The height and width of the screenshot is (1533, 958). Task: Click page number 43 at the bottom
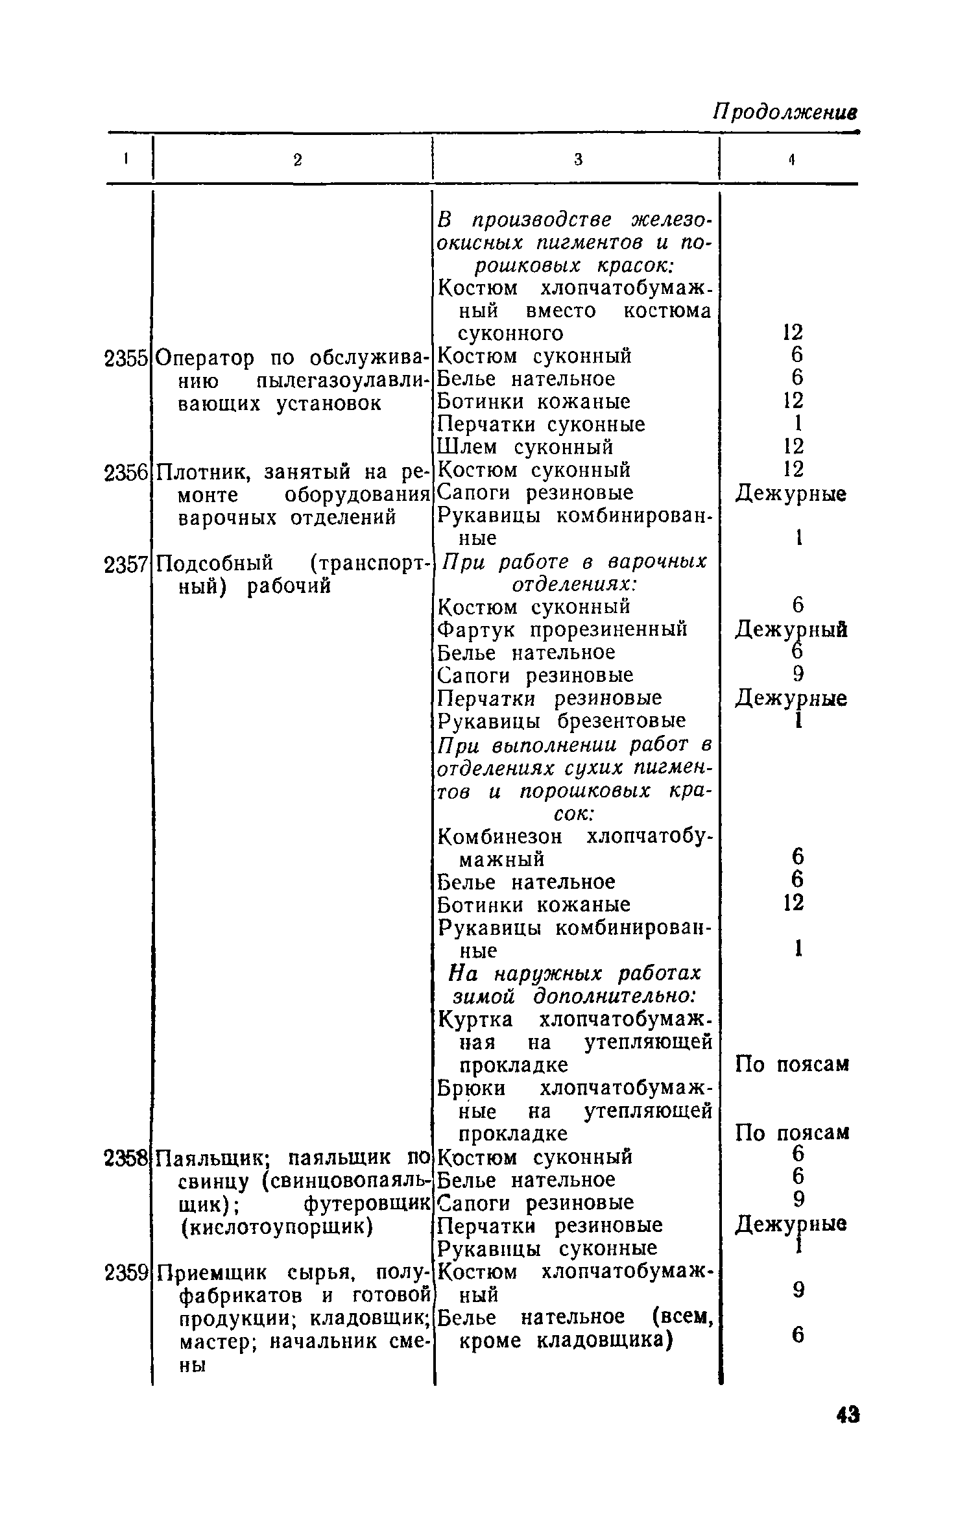point(848,1433)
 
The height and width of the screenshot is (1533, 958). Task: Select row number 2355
point(126,357)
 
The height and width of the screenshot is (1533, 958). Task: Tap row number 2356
point(126,472)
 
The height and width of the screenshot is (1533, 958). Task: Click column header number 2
point(297,160)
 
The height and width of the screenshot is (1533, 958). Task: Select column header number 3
point(578,160)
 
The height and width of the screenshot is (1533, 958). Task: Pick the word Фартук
point(477,630)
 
